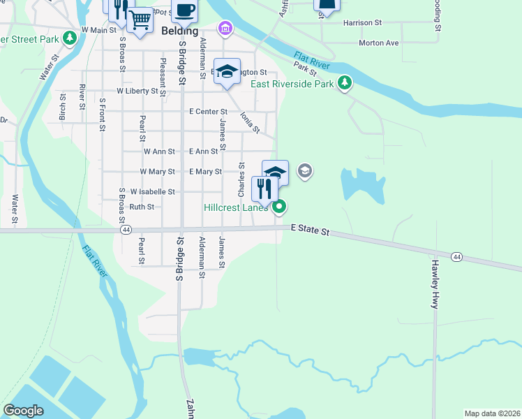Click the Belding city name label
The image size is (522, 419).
(180, 31)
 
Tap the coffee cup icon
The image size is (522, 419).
(184, 10)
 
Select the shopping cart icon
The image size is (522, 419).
(140, 20)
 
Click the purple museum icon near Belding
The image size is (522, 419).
(225, 29)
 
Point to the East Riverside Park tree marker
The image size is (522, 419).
(344, 84)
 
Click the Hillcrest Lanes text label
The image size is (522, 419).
(237, 207)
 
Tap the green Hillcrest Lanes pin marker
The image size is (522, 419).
(279, 206)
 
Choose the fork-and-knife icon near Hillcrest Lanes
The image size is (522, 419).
(264, 189)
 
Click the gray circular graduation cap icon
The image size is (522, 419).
(304, 170)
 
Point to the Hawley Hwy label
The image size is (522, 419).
(434, 285)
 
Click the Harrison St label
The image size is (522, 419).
(362, 22)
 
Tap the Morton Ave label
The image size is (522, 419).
(378, 43)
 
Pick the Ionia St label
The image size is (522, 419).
(250, 123)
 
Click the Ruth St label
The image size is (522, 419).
(141, 207)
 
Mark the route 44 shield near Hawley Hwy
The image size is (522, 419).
(455, 257)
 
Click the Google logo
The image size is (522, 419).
(24, 410)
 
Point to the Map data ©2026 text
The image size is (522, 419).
(492, 413)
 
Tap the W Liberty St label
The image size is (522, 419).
(137, 91)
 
